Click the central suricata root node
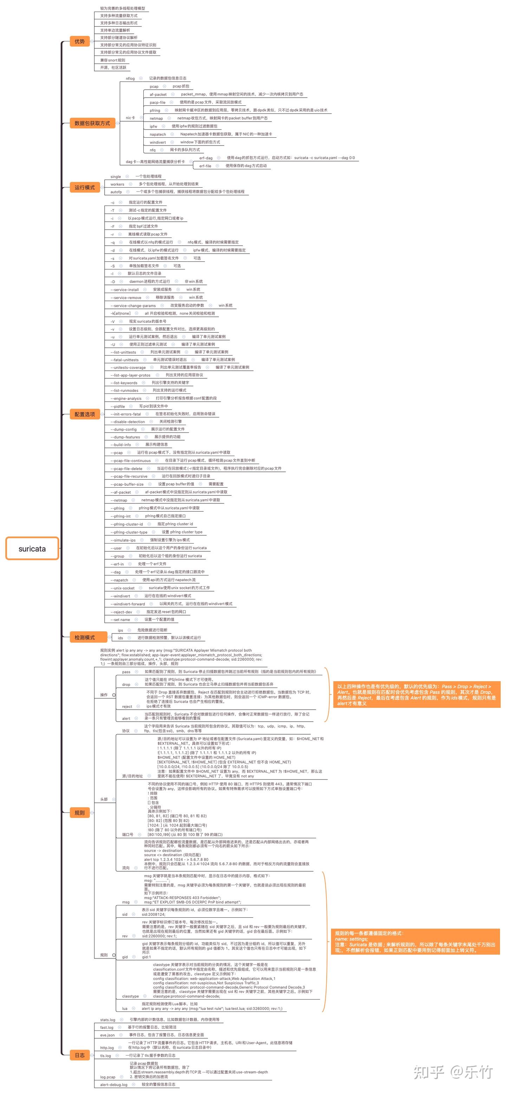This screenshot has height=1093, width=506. [32, 548]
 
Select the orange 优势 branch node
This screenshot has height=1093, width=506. [79, 41]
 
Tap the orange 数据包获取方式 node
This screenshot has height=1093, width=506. [92, 123]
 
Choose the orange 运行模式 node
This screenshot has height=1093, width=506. [84, 188]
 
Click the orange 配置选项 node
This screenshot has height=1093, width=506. [84, 414]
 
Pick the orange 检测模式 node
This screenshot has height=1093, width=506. [84, 637]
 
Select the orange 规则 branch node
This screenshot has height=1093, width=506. [79, 813]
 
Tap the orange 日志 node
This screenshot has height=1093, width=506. [79, 1055]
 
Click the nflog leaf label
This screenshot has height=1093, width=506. [130, 78]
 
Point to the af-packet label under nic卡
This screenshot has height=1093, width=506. [158, 95]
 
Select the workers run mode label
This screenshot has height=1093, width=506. [117, 184]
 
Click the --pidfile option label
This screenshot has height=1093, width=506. [118, 406]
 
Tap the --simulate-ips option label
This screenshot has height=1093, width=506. [123, 540]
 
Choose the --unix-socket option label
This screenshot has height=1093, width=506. [122, 588]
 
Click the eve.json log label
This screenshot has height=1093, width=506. [108, 1035]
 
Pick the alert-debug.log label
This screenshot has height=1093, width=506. [113, 1085]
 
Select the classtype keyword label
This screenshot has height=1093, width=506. [130, 996]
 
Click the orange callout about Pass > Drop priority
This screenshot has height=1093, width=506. [416, 695]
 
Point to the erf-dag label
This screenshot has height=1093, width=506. [206, 158]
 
